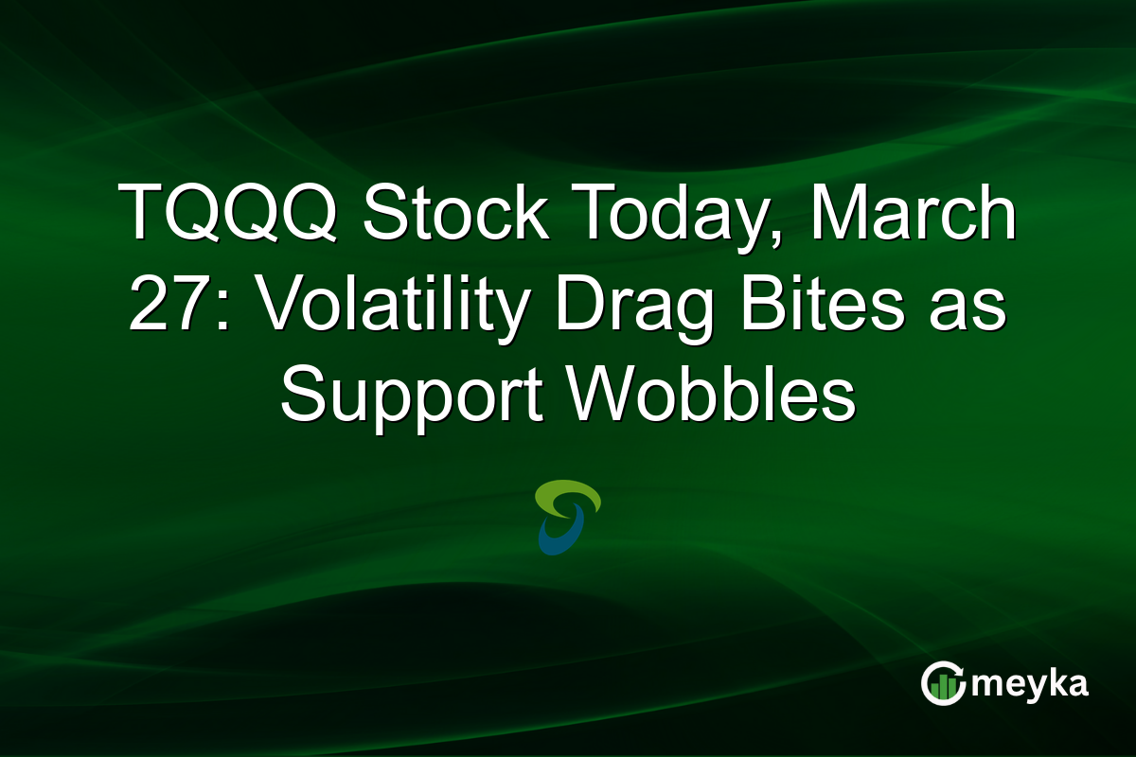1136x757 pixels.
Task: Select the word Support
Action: click(x=409, y=397)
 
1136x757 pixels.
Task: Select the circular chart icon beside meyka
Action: click(x=943, y=683)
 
